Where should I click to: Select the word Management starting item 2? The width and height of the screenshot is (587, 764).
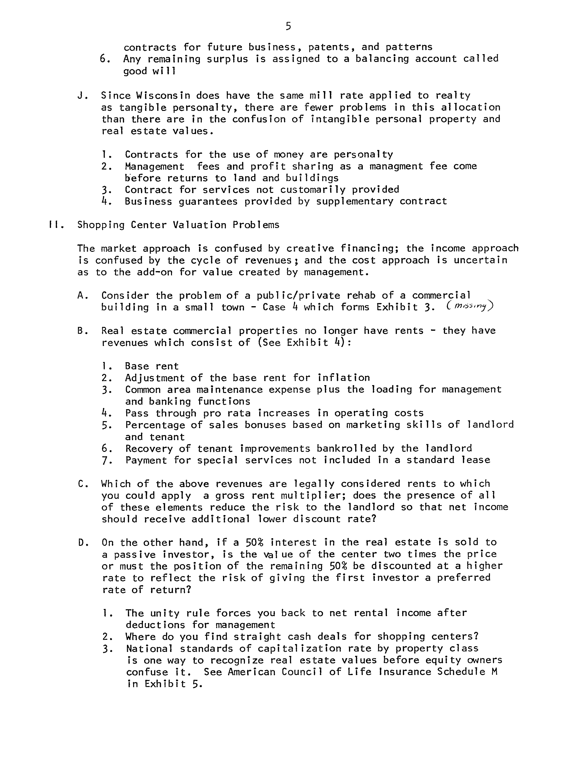(154, 166)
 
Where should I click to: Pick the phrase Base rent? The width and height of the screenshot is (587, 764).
(152, 366)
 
